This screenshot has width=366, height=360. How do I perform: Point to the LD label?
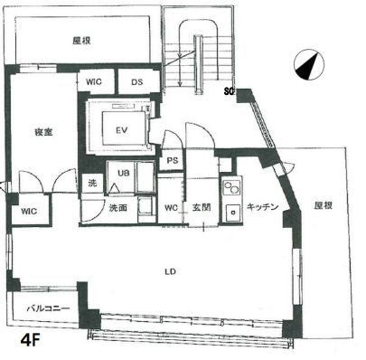169,270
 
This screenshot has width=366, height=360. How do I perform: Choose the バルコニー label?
43,308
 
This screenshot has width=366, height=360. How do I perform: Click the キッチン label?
261,205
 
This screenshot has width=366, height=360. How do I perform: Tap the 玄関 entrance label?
202,206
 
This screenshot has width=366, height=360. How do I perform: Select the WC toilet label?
172,206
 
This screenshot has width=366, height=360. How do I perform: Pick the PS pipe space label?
171,161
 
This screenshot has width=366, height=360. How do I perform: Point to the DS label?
136,82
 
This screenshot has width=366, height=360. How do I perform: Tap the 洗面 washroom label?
118,207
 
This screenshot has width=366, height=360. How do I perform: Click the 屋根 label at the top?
84,40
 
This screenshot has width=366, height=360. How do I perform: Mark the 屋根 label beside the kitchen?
323,205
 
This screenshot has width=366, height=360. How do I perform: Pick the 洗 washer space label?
92,184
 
